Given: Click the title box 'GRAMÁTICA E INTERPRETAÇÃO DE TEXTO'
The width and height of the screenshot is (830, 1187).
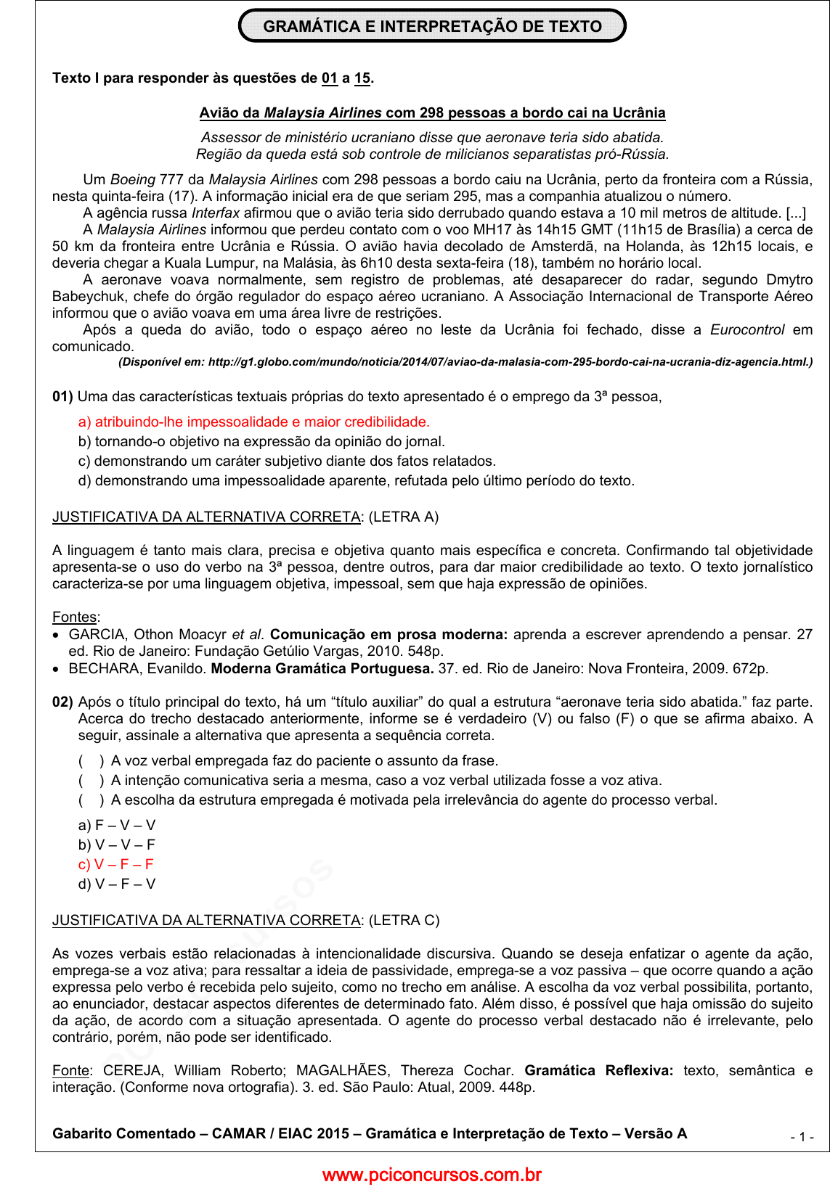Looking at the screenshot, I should point(432,26).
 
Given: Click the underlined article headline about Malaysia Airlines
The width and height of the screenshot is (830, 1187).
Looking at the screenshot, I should point(432,112).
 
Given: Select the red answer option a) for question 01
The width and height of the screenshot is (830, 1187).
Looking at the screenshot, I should point(253,422).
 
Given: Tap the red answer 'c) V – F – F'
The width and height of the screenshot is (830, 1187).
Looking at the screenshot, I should point(116,864).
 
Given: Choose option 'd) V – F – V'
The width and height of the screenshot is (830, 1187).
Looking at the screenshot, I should point(117,884).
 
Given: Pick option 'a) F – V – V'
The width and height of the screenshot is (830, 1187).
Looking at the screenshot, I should point(117,825).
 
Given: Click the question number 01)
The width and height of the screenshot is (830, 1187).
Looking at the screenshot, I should point(62,396).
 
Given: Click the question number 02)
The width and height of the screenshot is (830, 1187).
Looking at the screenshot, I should point(62,702).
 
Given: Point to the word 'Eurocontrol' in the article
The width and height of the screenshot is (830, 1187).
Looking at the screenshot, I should point(746,329).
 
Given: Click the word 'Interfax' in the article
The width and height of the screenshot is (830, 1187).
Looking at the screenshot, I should point(215,213).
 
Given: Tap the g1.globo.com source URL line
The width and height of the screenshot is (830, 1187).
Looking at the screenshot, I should point(465,361).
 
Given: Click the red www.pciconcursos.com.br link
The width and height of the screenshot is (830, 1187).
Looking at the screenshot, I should point(431,1175).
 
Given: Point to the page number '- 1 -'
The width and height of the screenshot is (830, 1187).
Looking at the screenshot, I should point(802,1136).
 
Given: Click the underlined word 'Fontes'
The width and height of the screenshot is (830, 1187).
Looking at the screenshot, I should point(75,617).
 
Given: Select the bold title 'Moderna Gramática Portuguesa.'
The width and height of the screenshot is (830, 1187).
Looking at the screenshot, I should point(322,668).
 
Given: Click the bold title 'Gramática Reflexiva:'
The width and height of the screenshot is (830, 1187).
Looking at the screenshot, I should point(598,1070).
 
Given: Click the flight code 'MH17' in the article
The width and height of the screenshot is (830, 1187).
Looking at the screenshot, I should point(493,229).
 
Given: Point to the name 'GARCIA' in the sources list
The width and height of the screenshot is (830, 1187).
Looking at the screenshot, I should point(97,634).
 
